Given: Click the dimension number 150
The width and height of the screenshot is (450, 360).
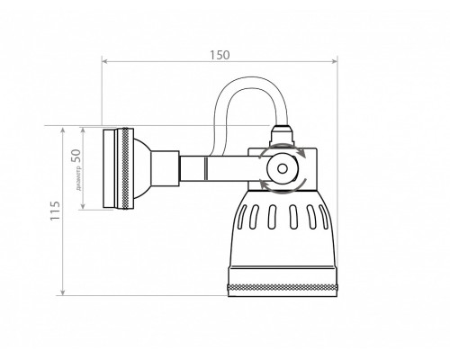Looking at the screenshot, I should coord(219,54).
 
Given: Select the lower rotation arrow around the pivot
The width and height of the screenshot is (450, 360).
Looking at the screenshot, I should coord(280,186).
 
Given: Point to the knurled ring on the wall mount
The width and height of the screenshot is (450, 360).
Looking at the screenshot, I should coord(112,168).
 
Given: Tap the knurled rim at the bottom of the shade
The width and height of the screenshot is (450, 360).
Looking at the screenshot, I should coord(284,285).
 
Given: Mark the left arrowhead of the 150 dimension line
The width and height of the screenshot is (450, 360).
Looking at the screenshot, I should coord(104,62).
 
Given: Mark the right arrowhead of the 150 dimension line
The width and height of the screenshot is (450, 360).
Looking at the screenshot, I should coord(337,62).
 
